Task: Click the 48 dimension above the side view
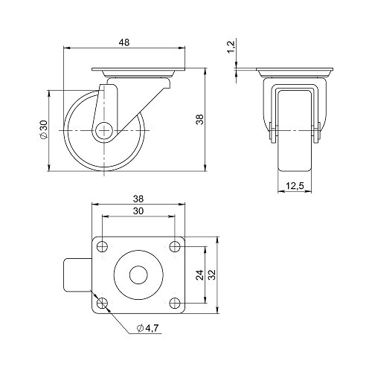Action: tap(124, 42)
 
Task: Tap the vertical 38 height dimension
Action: tap(199, 120)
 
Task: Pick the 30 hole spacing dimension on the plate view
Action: tap(138, 211)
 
